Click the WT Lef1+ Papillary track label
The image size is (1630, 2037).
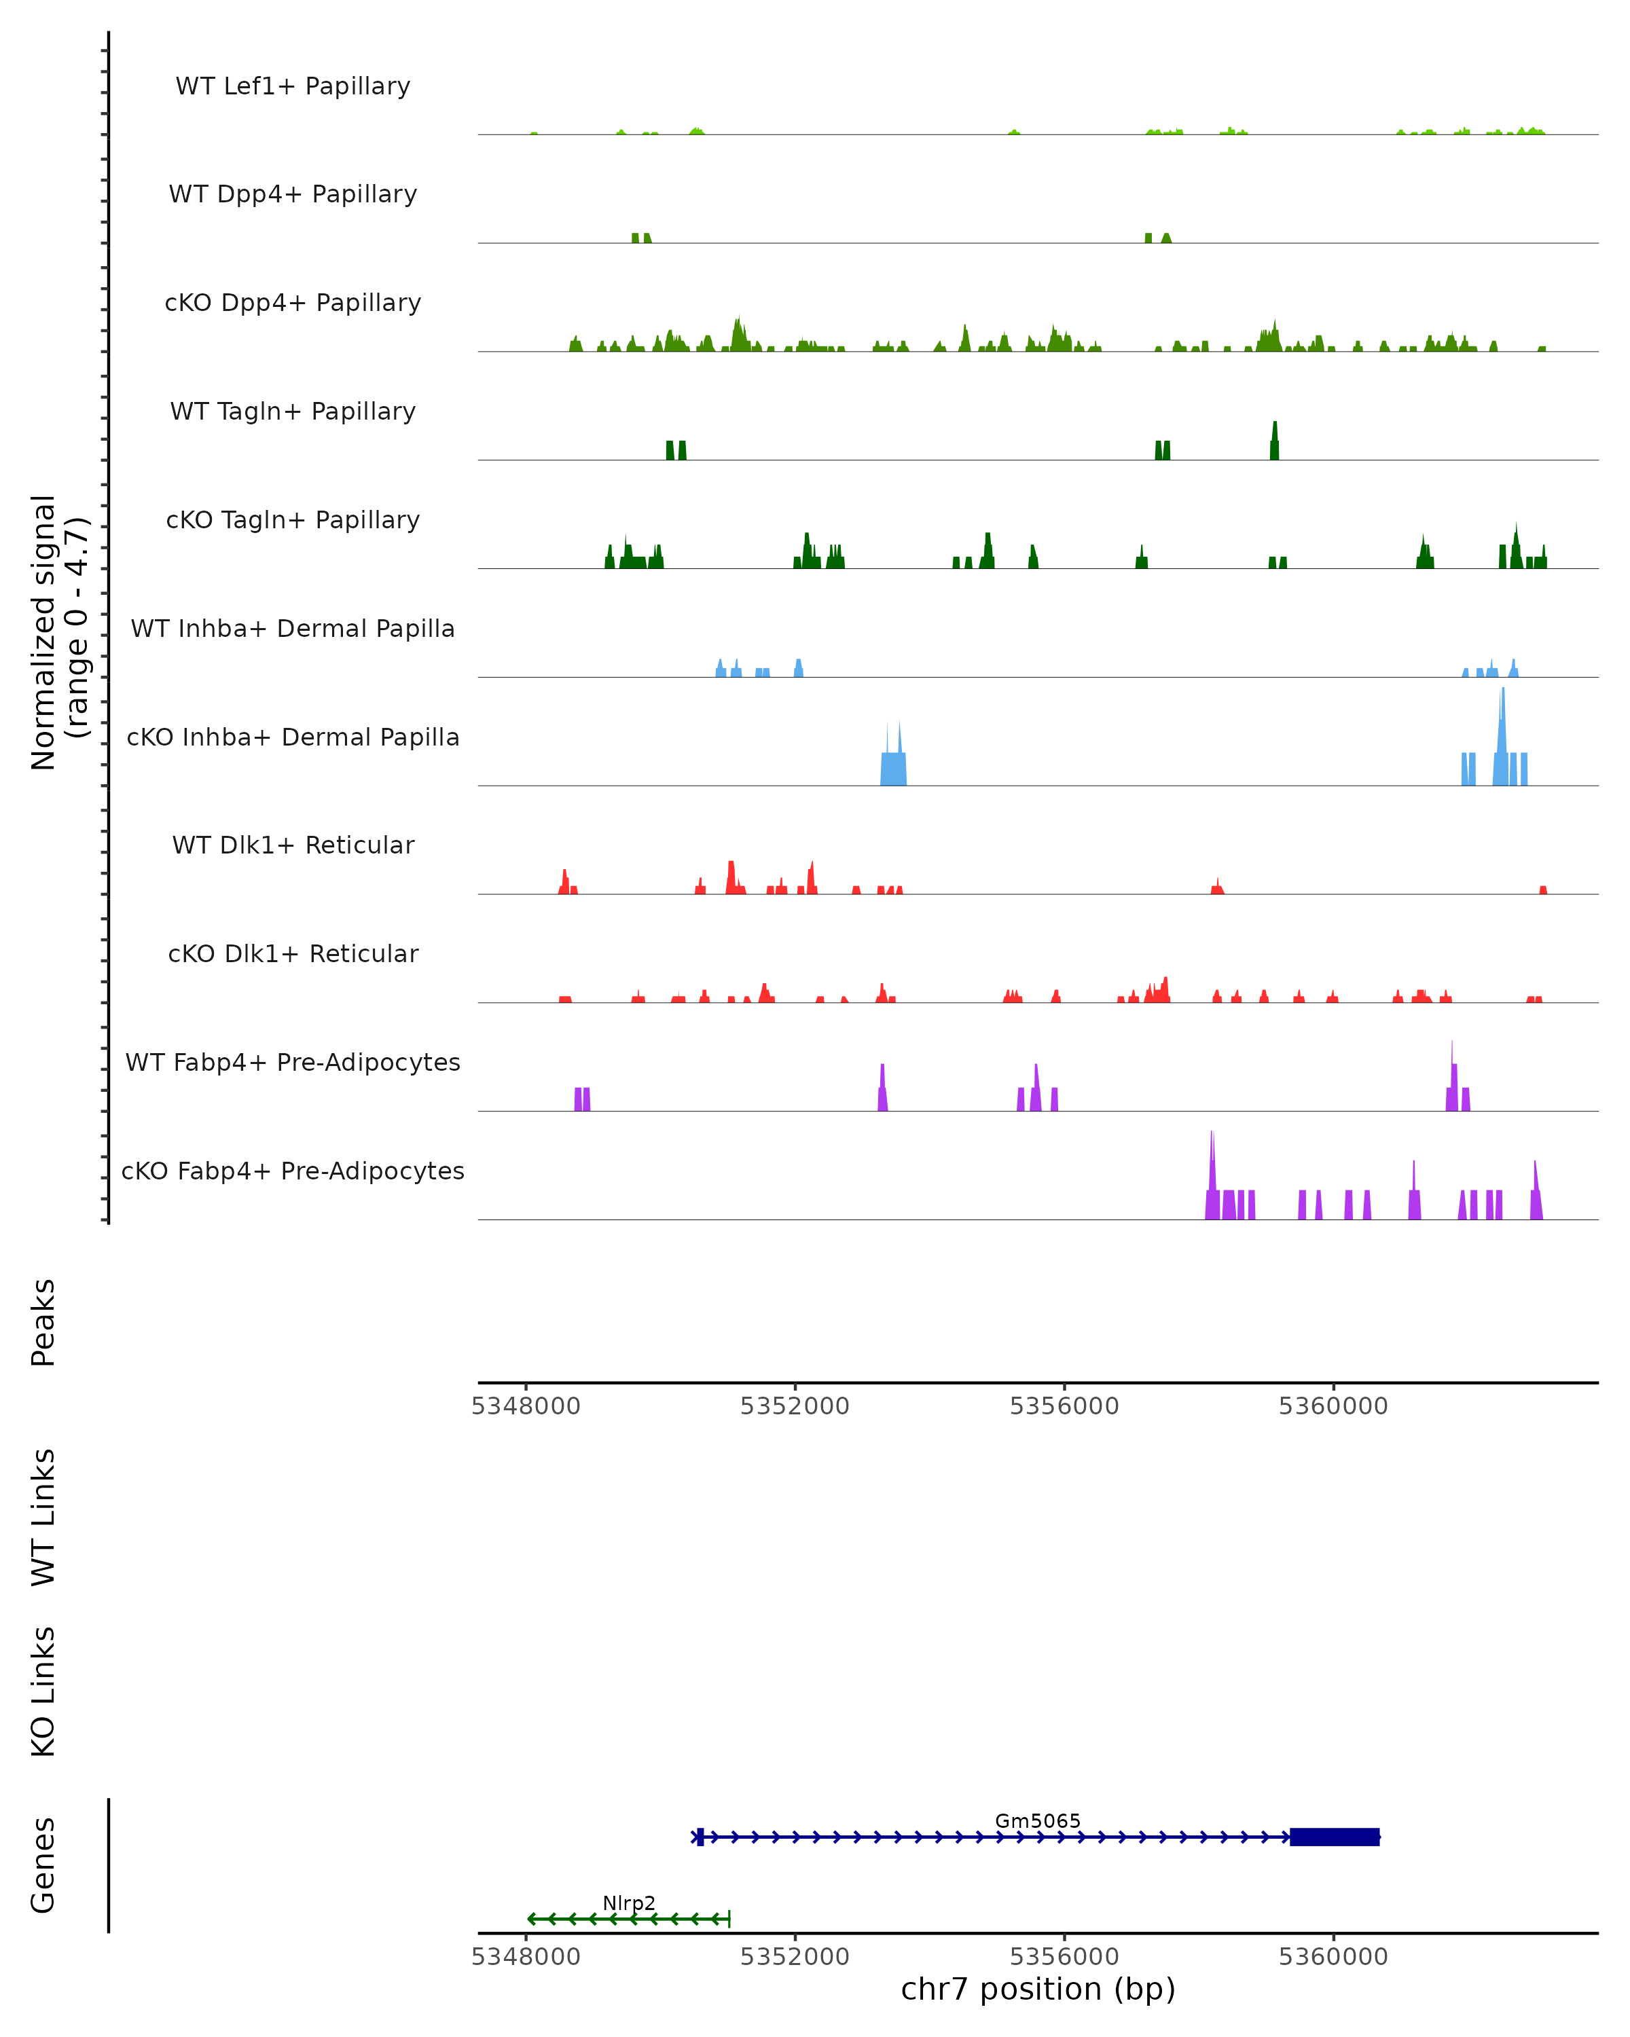tap(293, 86)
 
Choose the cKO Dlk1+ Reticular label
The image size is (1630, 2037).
tap(293, 953)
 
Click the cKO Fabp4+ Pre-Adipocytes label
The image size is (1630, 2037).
tap(293, 1171)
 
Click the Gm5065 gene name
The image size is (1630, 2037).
tap(1038, 1820)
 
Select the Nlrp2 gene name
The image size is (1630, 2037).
tap(630, 1903)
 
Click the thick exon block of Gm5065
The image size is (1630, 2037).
tap(1335, 1837)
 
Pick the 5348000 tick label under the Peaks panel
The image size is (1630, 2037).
tap(526, 1406)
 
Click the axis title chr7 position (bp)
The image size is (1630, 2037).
tap(1038, 1989)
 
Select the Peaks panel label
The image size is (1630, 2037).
tap(43, 1322)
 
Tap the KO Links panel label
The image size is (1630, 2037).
tap(43, 1691)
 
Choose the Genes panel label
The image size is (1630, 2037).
tap(43, 1865)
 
